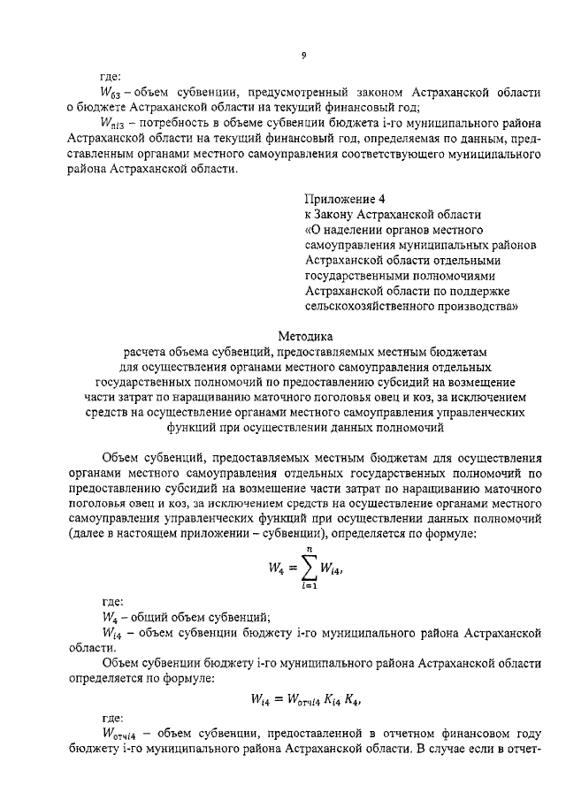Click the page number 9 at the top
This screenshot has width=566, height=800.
point(302,56)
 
